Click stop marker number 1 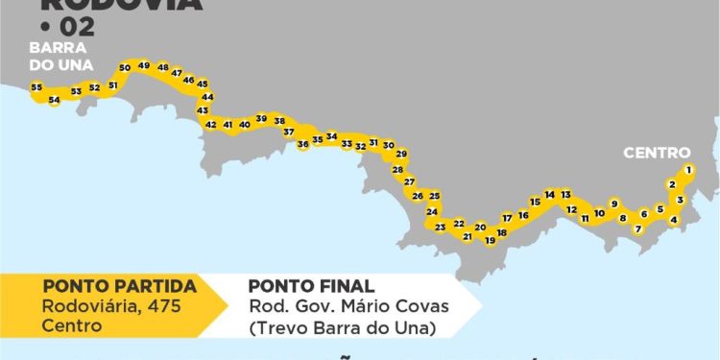688,170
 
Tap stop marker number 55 36,87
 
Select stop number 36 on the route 303,144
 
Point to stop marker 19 490,240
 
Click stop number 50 125,68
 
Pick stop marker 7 637,228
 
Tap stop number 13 565,194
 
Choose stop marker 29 401,154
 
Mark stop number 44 206,97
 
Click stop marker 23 440,228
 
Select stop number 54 54,100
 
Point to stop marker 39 261,119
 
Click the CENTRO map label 657,153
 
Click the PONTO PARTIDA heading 119,286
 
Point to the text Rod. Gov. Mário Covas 348,306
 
